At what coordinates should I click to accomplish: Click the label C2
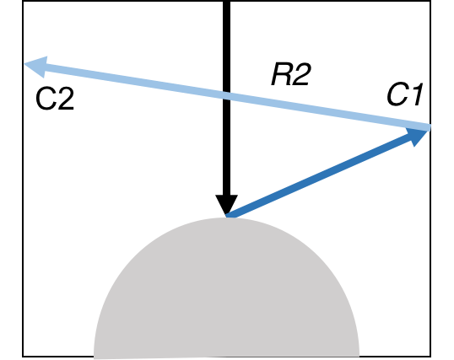coord(54,100)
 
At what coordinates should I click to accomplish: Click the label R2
coord(291,76)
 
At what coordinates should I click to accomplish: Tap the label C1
coord(404,95)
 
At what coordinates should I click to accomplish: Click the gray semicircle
coord(226,295)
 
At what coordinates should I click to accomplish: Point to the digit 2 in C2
coord(64,100)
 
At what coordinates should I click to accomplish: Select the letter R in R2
coord(282,76)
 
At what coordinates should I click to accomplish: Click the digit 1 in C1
coord(414,95)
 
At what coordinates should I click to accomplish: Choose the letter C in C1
coord(397,95)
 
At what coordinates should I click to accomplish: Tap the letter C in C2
coord(45,100)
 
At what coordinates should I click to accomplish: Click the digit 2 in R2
coord(301,76)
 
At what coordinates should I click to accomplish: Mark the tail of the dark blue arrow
coord(230,216)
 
